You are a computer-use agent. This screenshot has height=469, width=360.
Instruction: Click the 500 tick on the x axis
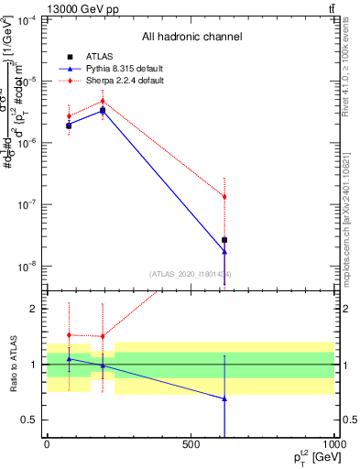tap(191, 444)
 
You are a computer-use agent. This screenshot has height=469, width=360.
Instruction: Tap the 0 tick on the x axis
tap(47, 444)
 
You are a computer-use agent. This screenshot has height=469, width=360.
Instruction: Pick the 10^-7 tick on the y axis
tap(28, 204)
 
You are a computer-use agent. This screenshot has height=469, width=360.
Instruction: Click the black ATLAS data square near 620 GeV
tap(224, 240)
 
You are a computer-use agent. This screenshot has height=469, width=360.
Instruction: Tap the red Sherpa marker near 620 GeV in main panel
tap(224, 197)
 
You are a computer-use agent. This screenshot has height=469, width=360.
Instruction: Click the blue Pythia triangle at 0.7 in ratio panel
tap(224, 398)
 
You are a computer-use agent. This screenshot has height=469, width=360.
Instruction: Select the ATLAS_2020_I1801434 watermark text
tap(189, 274)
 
